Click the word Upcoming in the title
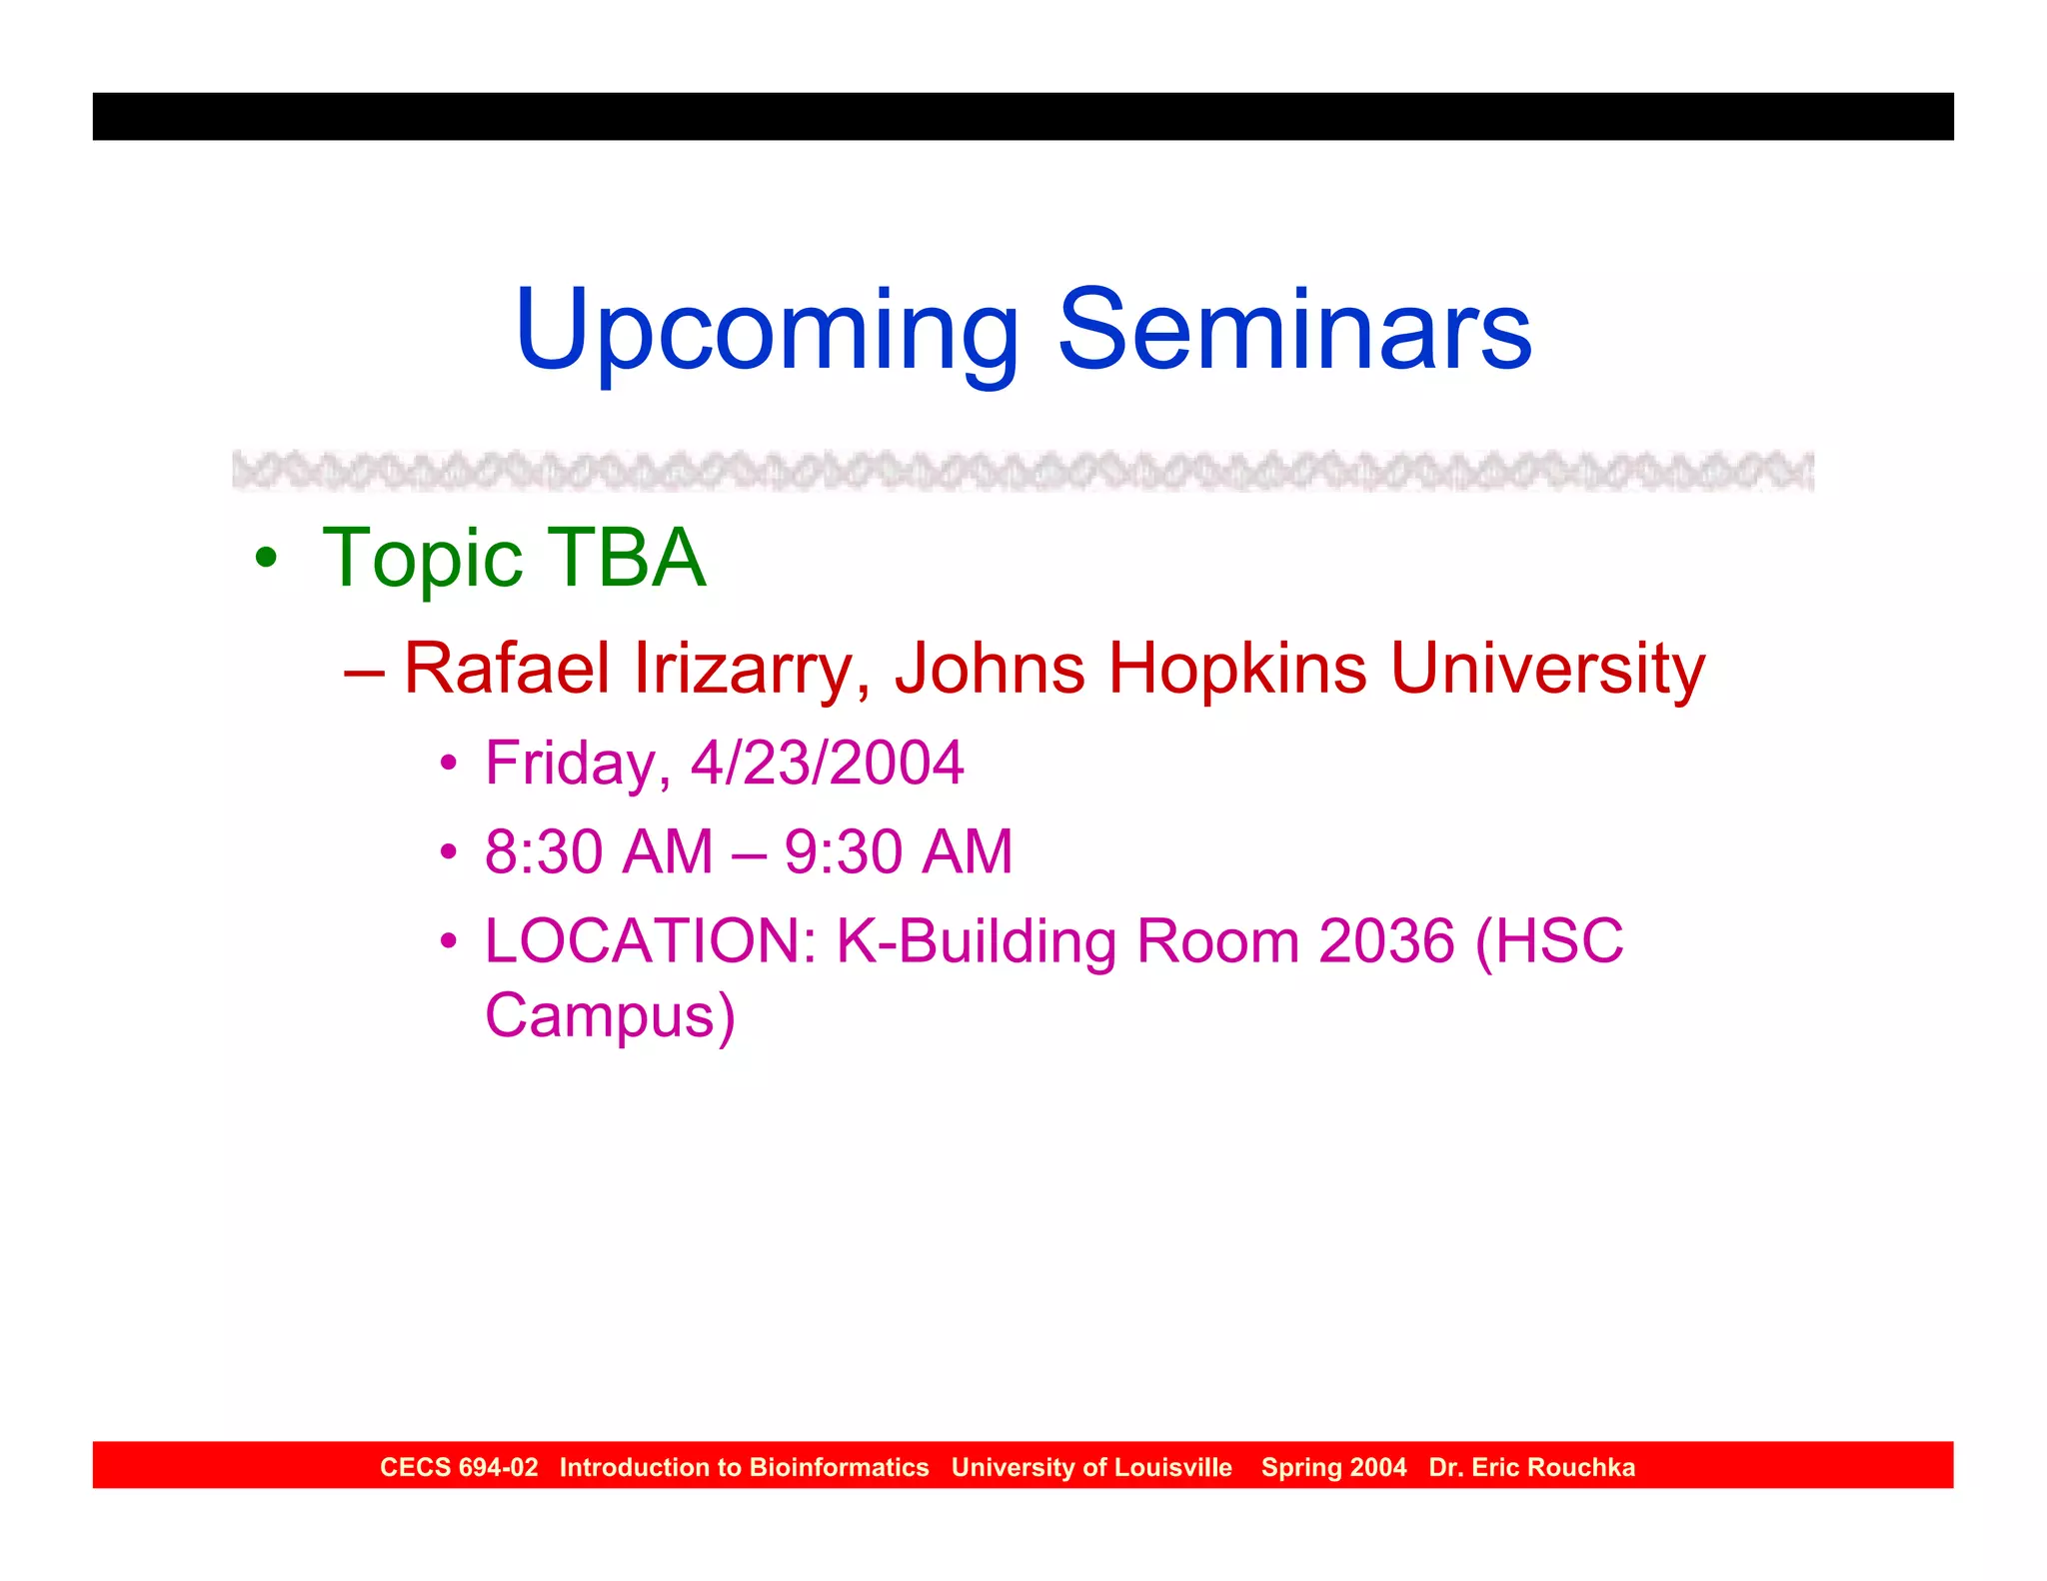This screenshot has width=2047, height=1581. (x=765, y=332)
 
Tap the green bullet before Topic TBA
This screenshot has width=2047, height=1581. (x=265, y=558)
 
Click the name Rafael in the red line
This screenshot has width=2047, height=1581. (x=506, y=668)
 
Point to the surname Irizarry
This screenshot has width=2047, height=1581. (x=743, y=668)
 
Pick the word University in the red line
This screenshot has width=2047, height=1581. (x=1547, y=668)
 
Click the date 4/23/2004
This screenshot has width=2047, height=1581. (x=827, y=763)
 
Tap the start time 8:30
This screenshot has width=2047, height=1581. (x=549, y=851)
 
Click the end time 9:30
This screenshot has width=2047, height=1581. (x=848, y=851)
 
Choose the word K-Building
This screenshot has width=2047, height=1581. (x=977, y=940)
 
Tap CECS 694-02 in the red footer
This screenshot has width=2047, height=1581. (x=459, y=1467)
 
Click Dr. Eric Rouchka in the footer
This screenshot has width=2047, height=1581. (x=1531, y=1467)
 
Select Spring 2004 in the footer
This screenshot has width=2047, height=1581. (x=1333, y=1467)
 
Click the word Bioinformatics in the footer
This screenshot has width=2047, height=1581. (x=839, y=1467)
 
